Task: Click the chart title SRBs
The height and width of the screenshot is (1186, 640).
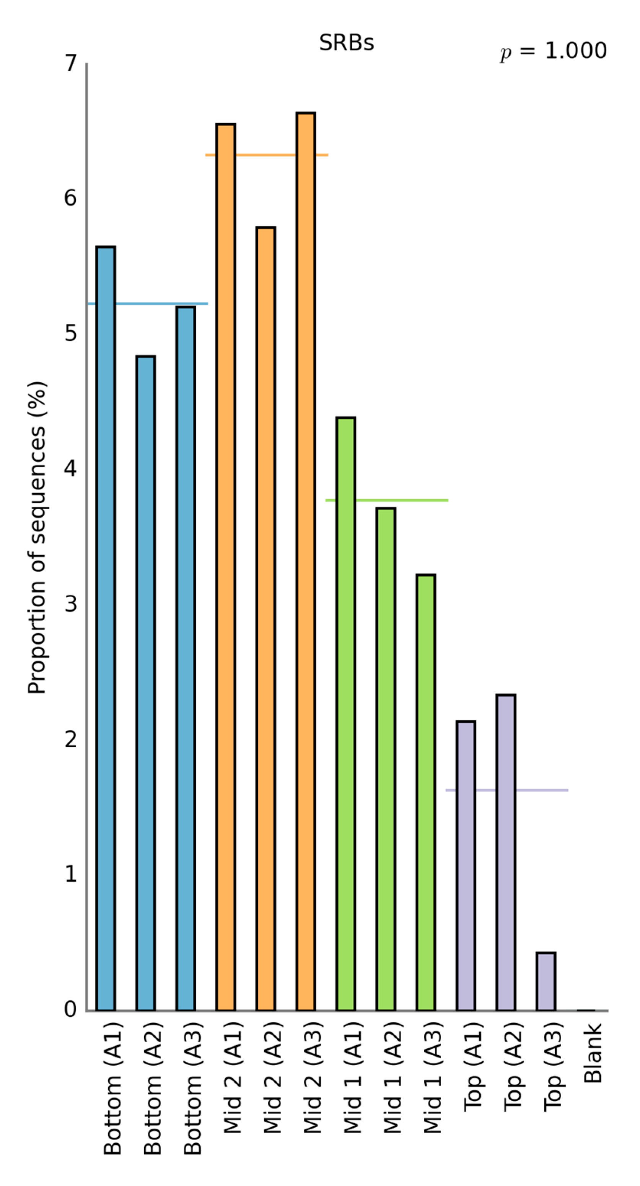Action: [x=346, y=43]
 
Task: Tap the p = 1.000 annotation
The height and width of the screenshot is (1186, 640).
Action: [x=553, y=50]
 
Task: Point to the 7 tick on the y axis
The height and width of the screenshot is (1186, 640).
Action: [x=70, y=63]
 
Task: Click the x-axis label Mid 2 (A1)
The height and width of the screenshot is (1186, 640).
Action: [x=233, y=1077]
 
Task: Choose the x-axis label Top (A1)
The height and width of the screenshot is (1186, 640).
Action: [x=473, y=1066]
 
